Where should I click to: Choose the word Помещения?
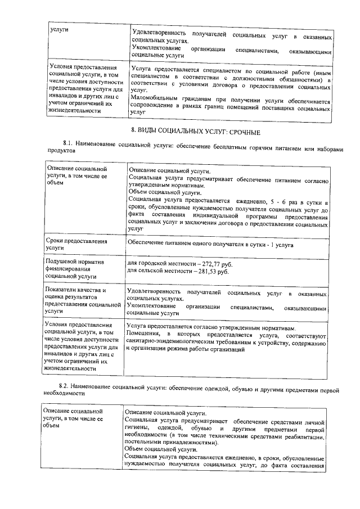pyautogui.click(x=144, y=334)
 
